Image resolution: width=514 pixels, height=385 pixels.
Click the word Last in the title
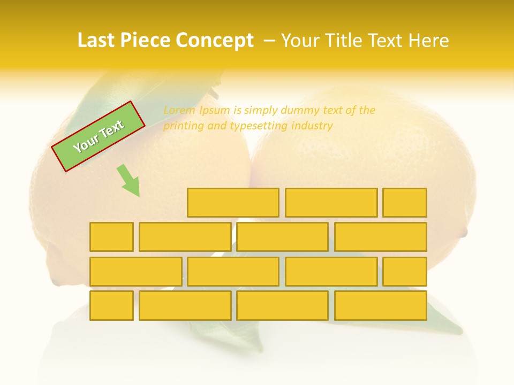96,41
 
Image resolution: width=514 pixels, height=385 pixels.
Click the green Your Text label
99,136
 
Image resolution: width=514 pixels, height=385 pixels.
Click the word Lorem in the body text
179,111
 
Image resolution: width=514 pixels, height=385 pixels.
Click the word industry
312,126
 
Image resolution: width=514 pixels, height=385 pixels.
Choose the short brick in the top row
405,203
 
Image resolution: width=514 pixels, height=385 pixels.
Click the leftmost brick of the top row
233,203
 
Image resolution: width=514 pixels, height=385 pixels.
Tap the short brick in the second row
111,237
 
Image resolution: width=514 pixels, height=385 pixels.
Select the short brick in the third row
405,271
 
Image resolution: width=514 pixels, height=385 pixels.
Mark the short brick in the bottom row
111,305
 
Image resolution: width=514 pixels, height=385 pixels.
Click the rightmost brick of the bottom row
381,305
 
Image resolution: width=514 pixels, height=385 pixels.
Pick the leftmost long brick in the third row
135,271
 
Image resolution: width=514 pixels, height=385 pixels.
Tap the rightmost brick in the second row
381,237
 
